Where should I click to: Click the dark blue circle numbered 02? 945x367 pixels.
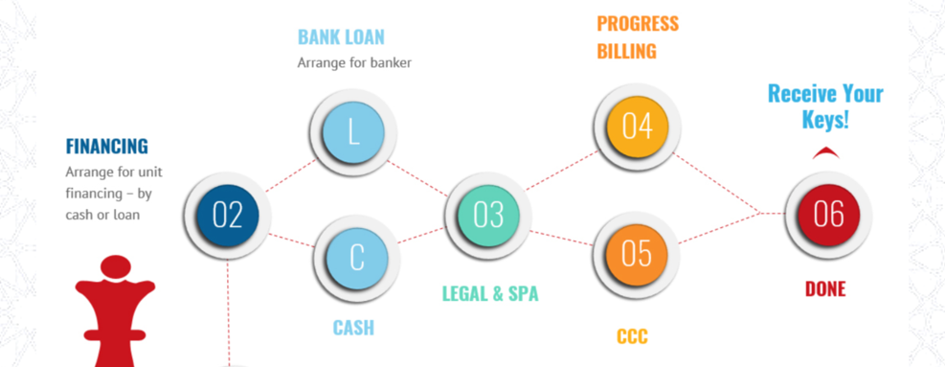228,216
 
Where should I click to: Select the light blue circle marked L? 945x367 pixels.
352,133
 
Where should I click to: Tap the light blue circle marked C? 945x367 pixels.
356,257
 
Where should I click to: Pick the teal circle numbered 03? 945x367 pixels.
488,215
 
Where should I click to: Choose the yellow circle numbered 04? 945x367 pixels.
637,126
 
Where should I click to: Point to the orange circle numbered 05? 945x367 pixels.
637,254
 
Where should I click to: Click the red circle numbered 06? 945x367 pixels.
828,214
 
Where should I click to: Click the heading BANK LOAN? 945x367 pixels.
341,37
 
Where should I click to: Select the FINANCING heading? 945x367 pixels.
106,147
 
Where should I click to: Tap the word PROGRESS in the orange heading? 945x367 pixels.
638,23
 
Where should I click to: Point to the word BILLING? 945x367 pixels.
626,51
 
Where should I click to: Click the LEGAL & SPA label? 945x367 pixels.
490,293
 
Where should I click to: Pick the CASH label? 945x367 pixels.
353,328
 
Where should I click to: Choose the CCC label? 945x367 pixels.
632,336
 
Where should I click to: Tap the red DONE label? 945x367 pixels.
825,288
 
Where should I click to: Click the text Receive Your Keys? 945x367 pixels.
825,106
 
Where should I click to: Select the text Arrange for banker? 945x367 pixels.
354,64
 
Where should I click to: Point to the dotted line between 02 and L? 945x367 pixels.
289,176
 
